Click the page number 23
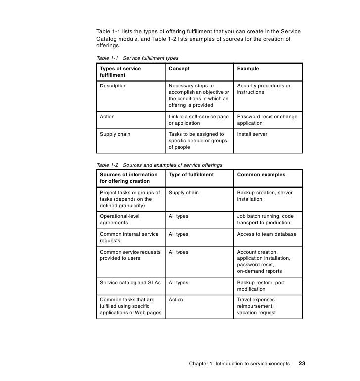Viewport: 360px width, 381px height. (x=302, y=364)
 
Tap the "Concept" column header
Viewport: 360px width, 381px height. (x=179, y=69)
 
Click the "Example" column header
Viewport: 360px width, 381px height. (x=248, y=69)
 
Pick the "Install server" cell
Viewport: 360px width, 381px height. (x=252, y=134)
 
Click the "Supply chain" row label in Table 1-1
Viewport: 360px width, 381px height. (x=115, y=134)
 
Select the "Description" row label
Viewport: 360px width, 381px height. (x=113, y=86)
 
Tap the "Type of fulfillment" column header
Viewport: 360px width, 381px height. (x=191, y=175)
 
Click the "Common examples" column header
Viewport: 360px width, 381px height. (x=261, y=175)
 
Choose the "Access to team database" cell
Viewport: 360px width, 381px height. (x=267, y=234)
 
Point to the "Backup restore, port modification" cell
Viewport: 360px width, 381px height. (x=261, y=286)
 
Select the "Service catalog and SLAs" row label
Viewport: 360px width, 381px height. (x=130, y=283)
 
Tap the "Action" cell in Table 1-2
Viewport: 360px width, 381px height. (x=176, y=300)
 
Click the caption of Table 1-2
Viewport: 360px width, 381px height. (x=159, y=165)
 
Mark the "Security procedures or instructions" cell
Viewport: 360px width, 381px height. (x=264, y=89)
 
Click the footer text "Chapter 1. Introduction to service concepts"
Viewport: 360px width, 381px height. (x=239, y=364)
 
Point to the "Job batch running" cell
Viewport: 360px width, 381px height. (x=265, y=219)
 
